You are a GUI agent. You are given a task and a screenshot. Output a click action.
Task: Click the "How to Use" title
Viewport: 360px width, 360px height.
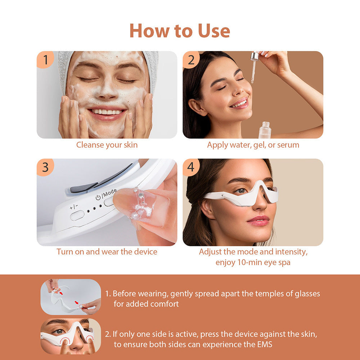(x=180, y=31)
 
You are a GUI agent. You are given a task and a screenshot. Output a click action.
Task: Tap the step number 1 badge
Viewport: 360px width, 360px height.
(x=45, y=60)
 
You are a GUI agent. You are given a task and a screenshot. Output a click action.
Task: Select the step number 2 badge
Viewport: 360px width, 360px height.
(x=191, y=60)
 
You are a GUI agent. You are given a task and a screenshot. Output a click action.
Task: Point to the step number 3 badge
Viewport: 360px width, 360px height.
(x=45, y=167)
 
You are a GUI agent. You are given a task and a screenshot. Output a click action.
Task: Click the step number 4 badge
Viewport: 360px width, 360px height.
(x=191, y=167)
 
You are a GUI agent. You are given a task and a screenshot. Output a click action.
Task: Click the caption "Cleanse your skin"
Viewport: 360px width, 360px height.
(x=107, y=145)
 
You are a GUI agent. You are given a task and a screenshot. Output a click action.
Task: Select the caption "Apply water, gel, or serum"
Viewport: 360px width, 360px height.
(x=253, y=145)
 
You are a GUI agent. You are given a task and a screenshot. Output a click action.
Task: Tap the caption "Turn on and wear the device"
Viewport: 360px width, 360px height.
(x=107, y=252)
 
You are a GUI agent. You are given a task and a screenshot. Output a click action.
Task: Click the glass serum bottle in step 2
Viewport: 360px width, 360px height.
(x=265, y=130)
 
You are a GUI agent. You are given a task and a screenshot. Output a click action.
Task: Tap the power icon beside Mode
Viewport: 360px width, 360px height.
(x=98, y=197)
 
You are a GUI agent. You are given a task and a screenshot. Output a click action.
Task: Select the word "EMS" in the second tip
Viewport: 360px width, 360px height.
(x=263, y=344)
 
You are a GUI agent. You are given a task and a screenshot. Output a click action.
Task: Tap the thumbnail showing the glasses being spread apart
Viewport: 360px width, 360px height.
(x=71, y=297)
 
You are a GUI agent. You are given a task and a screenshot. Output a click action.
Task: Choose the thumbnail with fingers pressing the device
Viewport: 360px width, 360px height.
(x=71, y=336)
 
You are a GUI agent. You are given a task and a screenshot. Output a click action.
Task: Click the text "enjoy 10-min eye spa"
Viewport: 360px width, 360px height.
(x=253, y=262)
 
